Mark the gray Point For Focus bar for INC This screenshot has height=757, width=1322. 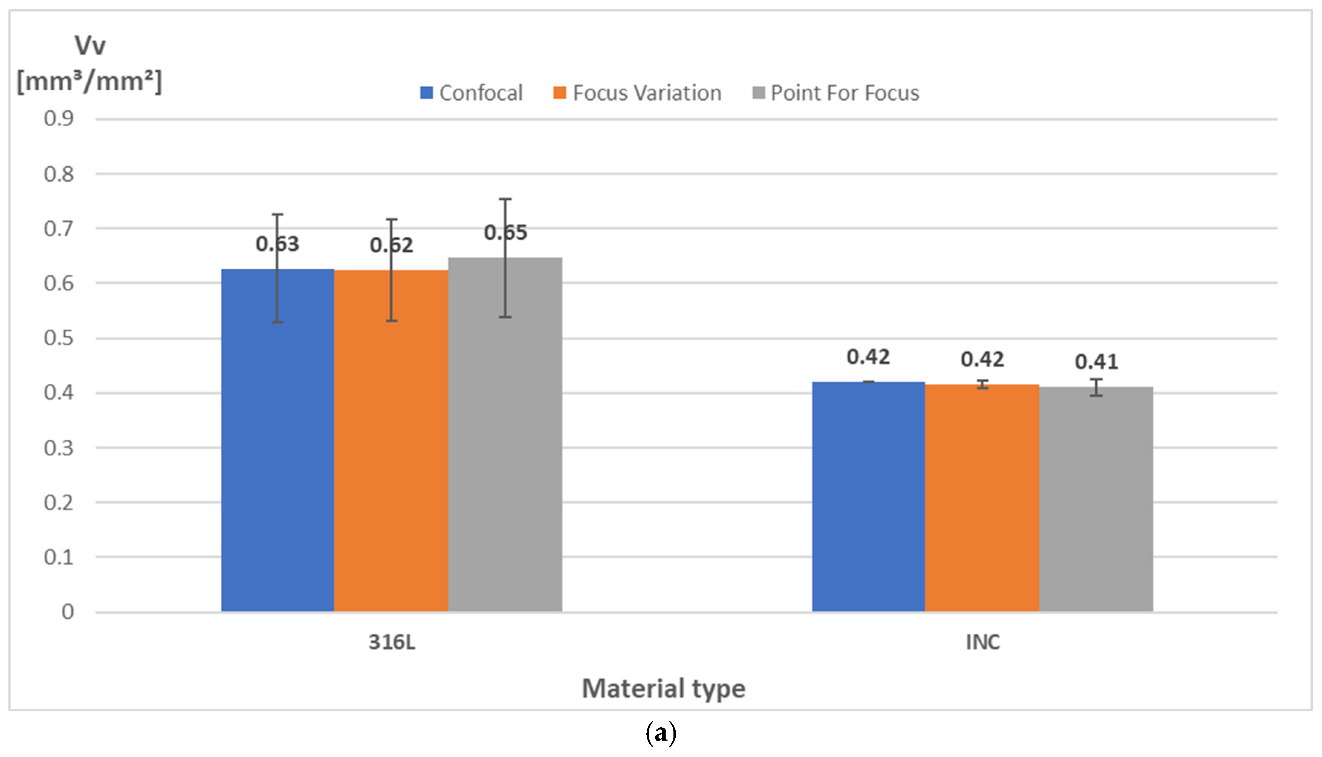tap(1096, 499)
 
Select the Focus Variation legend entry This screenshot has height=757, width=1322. tap(637, 93)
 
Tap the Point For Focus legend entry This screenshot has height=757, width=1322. tap(836, 93)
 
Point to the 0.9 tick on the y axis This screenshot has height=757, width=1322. tap(59, 119)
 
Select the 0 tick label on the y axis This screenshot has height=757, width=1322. tap(68, 612)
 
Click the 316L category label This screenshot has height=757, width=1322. tap(392, 643)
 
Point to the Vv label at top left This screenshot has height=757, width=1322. tap(90, 46)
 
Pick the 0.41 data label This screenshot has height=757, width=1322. tap(1096, 362)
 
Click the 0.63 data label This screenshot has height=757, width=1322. tap(277, 244)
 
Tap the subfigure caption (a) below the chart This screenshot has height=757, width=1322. tap(661, 734)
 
